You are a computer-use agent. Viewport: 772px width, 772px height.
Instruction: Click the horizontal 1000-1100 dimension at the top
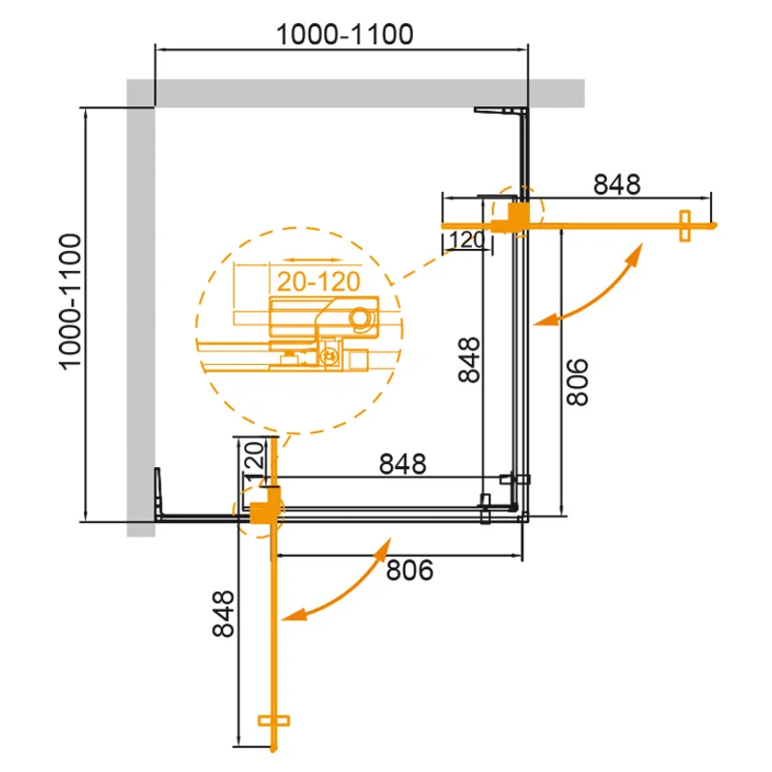coord(344,35)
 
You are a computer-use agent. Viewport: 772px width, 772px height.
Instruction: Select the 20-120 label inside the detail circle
coord(314,283)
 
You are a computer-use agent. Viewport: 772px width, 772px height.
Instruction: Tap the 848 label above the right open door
coord(617,183)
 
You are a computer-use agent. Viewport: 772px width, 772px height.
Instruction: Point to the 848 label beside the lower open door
coord(223,615)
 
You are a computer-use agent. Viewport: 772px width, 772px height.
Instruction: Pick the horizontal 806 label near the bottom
coord(410,571)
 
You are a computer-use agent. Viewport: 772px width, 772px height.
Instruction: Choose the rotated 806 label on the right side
coord(576,382)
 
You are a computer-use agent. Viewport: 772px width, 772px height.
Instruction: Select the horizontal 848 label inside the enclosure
coord(402,464)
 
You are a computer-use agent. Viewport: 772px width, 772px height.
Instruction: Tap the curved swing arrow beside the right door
coord(591,287)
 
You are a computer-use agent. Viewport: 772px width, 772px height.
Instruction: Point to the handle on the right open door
coord(686,226)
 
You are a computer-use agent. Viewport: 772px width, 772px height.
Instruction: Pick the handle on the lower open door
coord(277,721)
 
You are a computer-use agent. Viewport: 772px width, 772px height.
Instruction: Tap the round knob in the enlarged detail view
coord(363,319)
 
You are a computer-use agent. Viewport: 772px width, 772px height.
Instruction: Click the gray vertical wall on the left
coord(141,309)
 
